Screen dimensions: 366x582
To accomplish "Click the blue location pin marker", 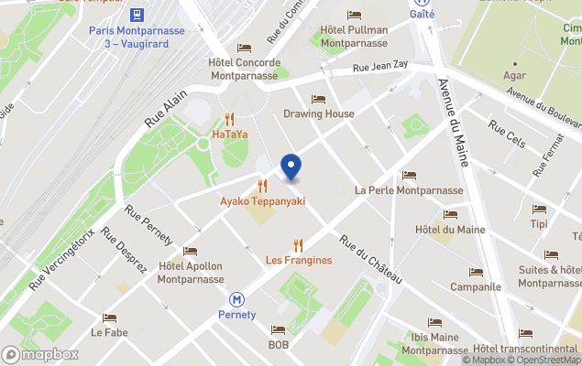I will pos(291,167).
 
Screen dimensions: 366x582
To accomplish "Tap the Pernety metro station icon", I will pos(236,298).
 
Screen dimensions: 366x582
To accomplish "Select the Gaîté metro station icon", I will pos(422,3).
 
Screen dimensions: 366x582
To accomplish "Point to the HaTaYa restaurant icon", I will pos(229,118).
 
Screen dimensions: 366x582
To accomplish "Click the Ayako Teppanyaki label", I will pos(262,201).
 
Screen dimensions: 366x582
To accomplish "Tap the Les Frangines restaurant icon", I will pos(298,244).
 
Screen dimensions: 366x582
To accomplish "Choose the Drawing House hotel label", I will pos(318,113).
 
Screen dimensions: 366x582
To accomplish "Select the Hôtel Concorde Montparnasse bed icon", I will pos(244,48).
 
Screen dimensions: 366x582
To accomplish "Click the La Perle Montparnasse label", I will pos(409,190).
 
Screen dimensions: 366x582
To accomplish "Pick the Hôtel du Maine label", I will pos(450,229).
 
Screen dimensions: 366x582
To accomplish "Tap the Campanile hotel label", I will pos(476,286).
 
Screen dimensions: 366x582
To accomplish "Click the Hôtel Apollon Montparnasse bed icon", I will pos(191,251).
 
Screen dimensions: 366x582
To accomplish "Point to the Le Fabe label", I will pos(109,332).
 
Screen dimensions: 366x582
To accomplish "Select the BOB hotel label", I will pos(278,345).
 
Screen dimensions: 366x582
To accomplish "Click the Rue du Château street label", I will pos(370,257).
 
